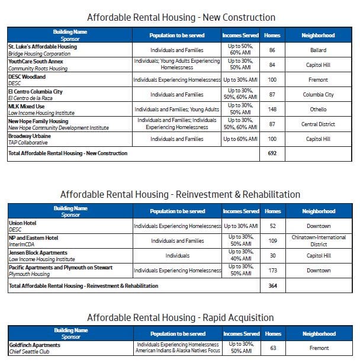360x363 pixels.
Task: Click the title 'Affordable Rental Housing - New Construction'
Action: click(x=181, y=17)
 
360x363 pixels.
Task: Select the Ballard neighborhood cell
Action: click(x=318, y=50)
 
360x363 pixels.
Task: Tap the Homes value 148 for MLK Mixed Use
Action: click(x=272, y=109)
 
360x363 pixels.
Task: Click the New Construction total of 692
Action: click(x=272, y=153)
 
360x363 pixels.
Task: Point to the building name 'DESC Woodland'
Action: click(x=27, y=76)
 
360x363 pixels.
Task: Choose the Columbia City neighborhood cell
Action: click(x=318, y=94)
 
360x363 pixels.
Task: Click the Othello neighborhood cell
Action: click(x=318, y=109)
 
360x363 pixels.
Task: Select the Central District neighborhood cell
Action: click(x=318, y=124)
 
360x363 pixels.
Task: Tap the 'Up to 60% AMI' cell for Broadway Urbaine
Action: click(x=240, y=139)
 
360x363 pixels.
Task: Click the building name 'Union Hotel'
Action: click(x=22, y=223)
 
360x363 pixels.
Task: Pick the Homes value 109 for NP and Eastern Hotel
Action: click(x=272, y=241)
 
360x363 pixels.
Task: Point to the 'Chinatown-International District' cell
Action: click(x=318, y=241)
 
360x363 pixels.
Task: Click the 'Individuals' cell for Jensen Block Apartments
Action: click(x=178, y=256)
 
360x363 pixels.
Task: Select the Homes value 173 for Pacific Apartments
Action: click(x=272, y=271)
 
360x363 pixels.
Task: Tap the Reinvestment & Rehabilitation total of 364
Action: click(x=272, y=285)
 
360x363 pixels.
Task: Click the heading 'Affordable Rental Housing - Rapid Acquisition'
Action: click(x=180, y=317)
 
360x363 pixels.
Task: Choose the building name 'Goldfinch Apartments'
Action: click(x=34, y=345)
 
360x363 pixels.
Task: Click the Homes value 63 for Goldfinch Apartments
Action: click(x=272, y=348)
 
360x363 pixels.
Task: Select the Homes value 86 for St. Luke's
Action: click(x=272, y=50)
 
